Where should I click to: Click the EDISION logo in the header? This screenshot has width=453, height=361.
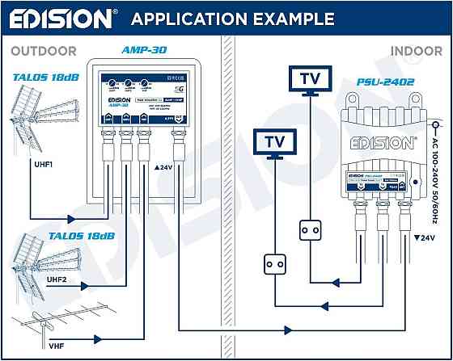click(60, 18)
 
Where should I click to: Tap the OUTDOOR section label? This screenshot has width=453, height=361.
click(44, 52)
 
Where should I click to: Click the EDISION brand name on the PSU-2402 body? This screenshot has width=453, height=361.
click(383, 143)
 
